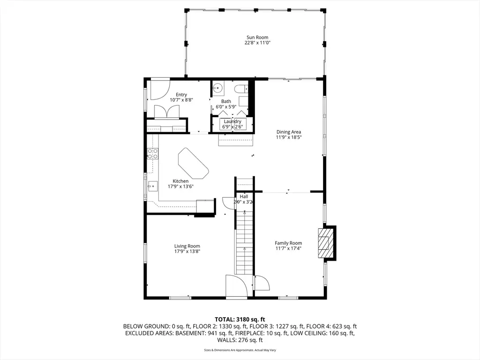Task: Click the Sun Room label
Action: pos(257,37)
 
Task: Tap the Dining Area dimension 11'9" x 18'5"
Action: pos(289,137)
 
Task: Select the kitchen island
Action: pos(194,164)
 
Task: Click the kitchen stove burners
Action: pos(153,154)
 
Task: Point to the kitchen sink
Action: pos(153,186)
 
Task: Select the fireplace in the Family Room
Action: pos(324,243)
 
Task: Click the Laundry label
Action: pos(232,121)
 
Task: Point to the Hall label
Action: pos(244,196)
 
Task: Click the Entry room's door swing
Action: pos(160,90)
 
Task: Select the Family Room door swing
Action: pos(262,283)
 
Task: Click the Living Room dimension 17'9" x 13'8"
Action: pos(187,252)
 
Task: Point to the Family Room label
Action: pos(288,243)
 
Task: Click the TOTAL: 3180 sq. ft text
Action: pos(240,320)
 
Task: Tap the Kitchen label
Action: pos(180,181)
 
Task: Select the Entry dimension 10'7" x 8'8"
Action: pos(181,100)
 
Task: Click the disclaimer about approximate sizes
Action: pos(240,350)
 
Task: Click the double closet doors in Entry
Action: pos(167,112)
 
